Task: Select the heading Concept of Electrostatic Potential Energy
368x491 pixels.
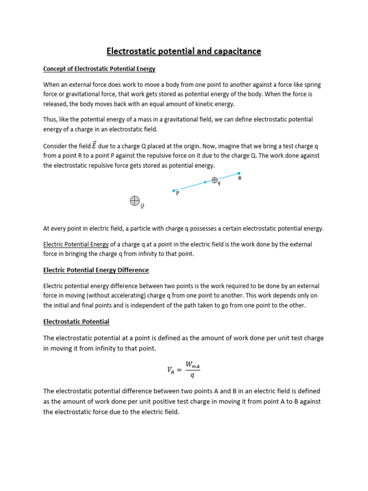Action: [x=99, y=69]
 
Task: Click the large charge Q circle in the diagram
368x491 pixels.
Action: [x=135, y=200]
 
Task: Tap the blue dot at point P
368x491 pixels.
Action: [x=174, y=190]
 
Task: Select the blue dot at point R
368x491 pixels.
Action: [x=239, y=173]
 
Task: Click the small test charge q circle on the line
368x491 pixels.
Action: [x=215, y=180]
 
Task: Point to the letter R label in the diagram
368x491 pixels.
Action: [x=240, y=178]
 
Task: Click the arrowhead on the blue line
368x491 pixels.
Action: [x=205, y=182]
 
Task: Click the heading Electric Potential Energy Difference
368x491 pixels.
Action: [x=96, y=270]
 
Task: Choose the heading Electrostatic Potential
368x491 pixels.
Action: [x=76, y=321]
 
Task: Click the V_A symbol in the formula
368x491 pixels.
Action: [x=171, y=370]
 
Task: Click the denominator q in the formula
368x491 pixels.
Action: [x=192, y=376]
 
